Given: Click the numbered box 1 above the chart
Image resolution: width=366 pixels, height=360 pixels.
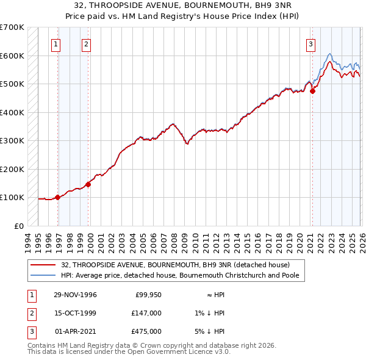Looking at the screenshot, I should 56,44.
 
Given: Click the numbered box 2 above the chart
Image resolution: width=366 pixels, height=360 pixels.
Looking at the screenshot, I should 86,44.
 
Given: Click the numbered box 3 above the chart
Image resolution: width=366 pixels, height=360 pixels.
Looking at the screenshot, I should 310,44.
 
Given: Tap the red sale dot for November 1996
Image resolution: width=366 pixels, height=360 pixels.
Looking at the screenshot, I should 58,197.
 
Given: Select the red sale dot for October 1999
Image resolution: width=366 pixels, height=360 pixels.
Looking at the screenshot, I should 88,184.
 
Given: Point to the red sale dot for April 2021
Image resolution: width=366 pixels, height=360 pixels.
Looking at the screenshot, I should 312,91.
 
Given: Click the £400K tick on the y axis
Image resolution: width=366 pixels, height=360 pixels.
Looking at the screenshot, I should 12,112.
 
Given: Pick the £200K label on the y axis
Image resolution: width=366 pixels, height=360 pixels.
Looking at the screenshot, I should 12,169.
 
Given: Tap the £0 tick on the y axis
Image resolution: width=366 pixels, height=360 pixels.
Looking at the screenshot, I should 18,226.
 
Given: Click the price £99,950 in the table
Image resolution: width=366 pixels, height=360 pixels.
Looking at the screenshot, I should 148,295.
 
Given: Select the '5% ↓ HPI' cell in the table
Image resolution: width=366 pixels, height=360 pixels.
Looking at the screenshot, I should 212,331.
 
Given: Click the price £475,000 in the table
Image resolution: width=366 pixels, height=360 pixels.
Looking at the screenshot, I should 146,331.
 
